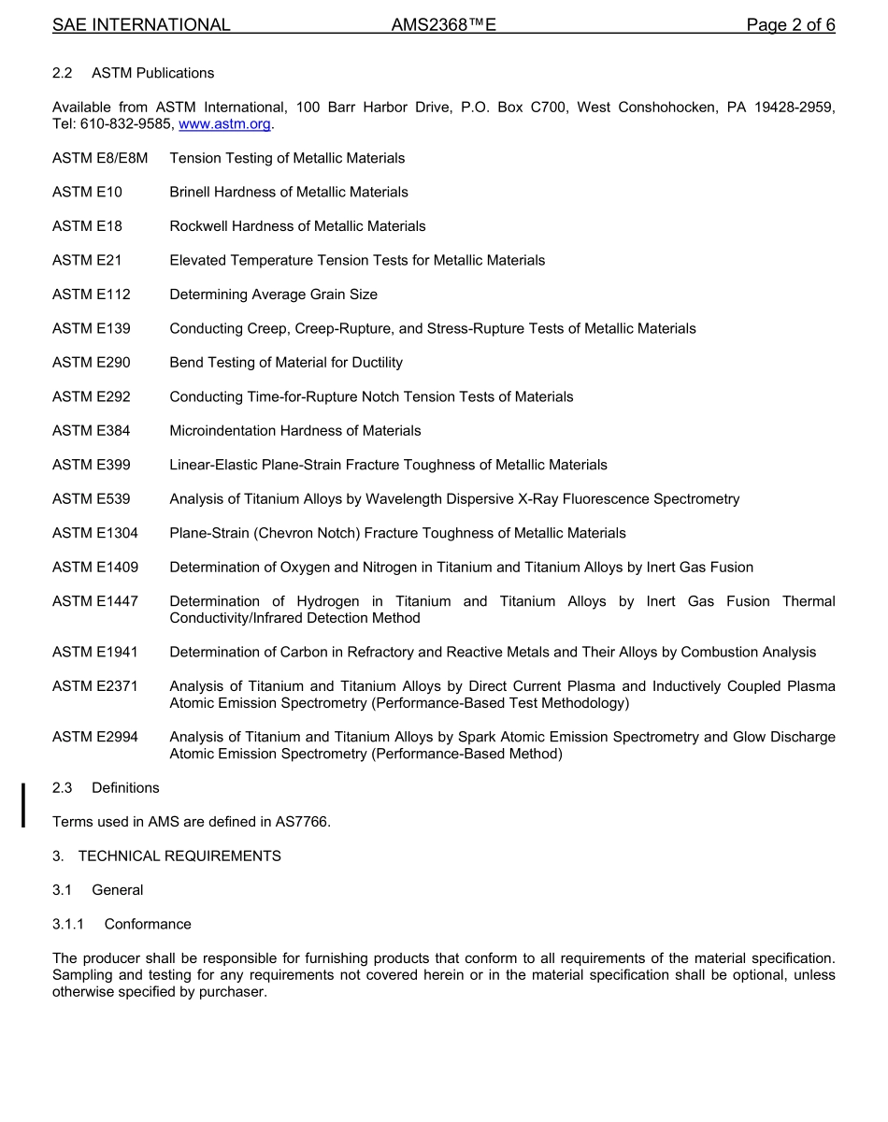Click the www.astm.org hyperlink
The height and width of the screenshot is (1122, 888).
[x=224, y=124]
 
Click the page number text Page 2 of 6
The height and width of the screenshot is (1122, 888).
[x=790, y=25]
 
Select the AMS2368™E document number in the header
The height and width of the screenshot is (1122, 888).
[x=443, y=25]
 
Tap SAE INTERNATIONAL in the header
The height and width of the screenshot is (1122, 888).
[x=141, y=25]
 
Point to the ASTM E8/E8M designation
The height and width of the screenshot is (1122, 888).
[x=100, y=158]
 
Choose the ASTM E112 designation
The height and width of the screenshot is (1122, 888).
[x=92, y=295]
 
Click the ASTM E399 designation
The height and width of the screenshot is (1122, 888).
[x=92, y=465]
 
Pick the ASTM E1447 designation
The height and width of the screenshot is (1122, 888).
[x=95, y=601]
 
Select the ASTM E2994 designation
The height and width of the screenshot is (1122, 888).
[x=95, y=738]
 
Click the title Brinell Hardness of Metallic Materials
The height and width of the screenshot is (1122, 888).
[x=289, y=193]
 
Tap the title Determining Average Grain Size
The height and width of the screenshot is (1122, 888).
[x=273, y=295]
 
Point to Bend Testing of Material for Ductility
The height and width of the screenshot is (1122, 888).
[x=286, y=363]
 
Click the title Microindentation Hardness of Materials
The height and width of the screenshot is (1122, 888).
[x=295, y=431]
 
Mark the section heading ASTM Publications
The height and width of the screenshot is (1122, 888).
[x=152, y=73]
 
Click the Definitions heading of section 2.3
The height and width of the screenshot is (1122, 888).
[x=125, y=788]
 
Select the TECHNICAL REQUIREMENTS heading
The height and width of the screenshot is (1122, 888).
[x=179, y=856]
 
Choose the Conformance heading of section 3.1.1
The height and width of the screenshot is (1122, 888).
[x=148, y=925]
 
